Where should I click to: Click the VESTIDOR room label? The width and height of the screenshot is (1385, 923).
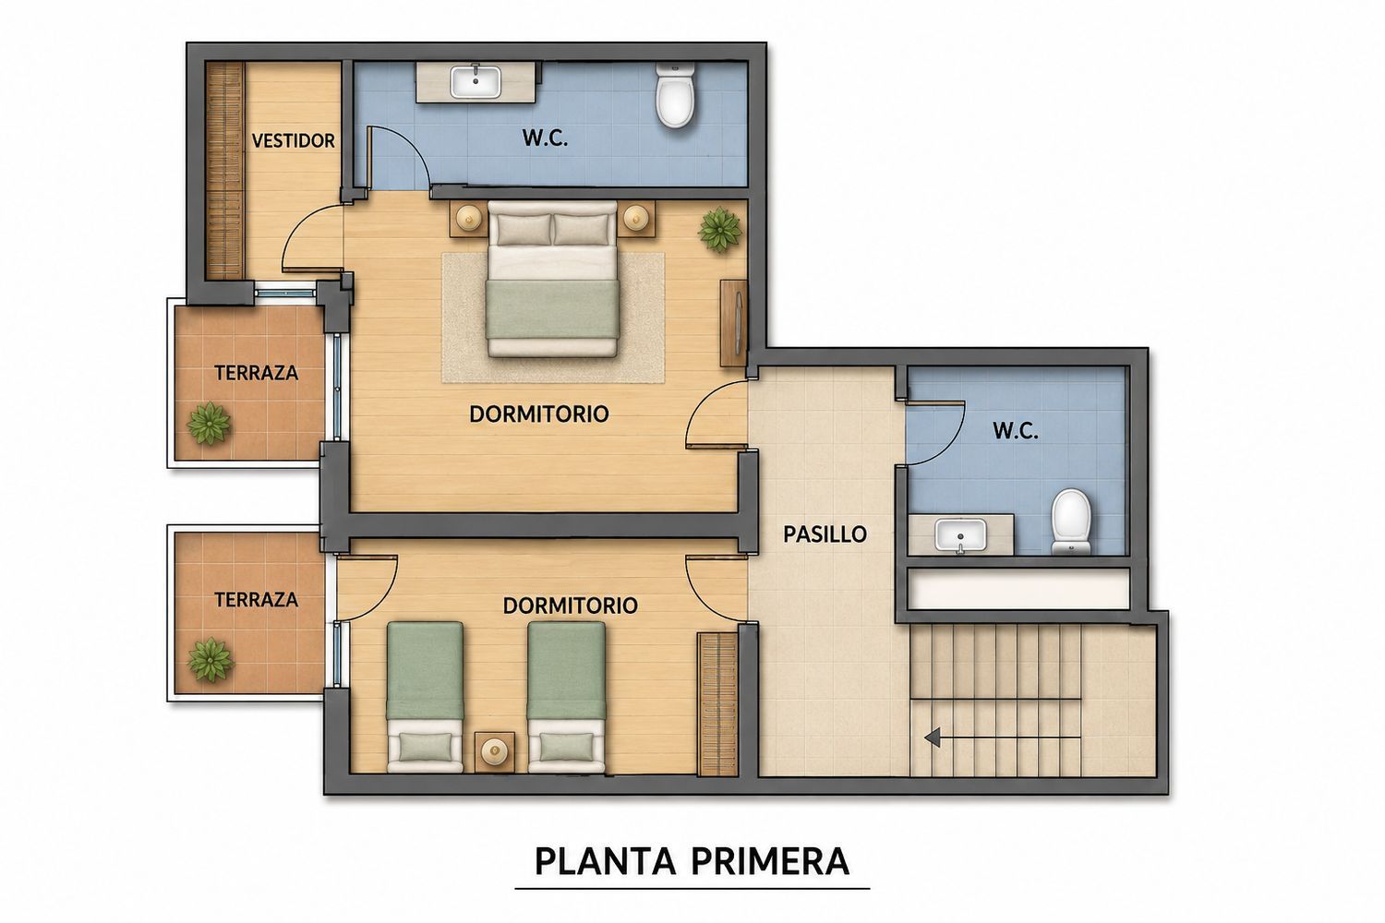pyautogui.click(x=293, y=141)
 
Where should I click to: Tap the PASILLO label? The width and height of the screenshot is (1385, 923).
pyautogui.click(x=825, y=534)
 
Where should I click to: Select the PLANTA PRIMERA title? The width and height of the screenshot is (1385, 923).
pyautogui.click(x=692, y=861)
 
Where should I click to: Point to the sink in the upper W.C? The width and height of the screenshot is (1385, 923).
pyautogui.click(x=476, y=82)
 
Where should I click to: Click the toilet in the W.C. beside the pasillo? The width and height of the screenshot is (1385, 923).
pyautogui.click(x=1071, y=521)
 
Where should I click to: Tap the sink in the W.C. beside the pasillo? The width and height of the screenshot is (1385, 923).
pyautogui.click(x=960, y=535)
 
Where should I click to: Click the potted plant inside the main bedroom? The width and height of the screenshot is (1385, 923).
pyautogui.click(x=719, y=230)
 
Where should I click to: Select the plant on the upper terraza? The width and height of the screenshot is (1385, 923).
pyautogui.click(x=209, y=424)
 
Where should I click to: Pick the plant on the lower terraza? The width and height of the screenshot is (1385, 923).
pyautogui.click(x=211, y=660)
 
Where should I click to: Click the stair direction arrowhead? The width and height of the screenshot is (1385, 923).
pyautogui.click(x=933, y=737)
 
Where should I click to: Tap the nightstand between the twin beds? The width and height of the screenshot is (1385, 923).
pyautogui.click(x=495, y=751)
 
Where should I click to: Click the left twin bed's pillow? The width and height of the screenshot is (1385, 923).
pyautogui.click(x=426, y=746)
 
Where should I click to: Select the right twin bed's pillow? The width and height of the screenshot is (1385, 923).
pyautogui.click(x=566, y=746)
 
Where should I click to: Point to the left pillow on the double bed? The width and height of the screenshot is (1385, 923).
pyautogui.click(x=524, y=229)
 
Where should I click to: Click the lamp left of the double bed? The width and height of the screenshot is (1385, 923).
pyautogui.click(x=469, y=217)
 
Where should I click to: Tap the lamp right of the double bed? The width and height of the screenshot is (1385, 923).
pyautogui.click(x=635, y=217)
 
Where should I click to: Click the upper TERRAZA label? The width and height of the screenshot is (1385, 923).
pyautogui.click(x=256, y=373)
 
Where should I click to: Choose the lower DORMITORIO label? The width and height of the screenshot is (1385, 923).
pyautogui.click(x=570, y=605)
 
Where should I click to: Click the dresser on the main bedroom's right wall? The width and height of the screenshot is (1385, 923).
pyautogui.click(x=734, y=323)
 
